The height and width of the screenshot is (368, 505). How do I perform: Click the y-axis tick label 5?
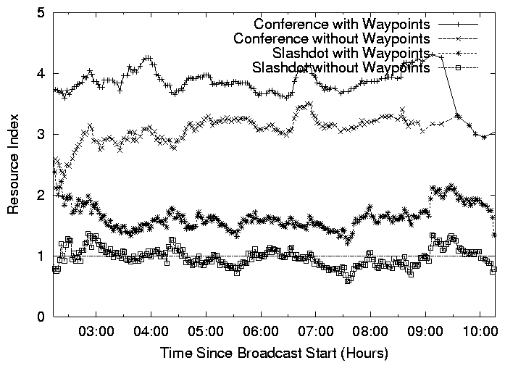[x=43, y=13]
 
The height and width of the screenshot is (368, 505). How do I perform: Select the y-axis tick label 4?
[x=43, y=74]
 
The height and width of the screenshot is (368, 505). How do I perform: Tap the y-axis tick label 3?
[x=43, y=135]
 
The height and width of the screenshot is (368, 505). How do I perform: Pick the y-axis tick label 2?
[x=43, y=196]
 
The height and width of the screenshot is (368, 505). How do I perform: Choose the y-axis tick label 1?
[x=43, y=256]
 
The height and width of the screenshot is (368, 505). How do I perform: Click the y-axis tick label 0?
[x=43, y=317]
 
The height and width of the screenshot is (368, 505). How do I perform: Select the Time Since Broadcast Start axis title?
[x=275, y=354]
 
